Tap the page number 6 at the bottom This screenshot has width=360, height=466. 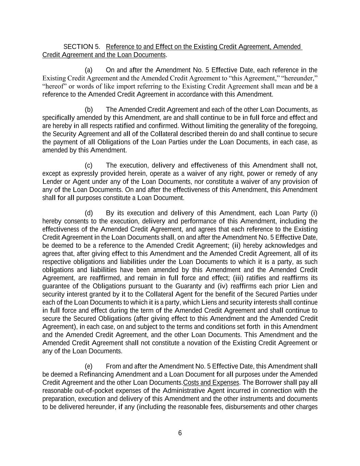coord(180,433)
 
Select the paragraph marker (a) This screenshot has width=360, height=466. coord(89,70)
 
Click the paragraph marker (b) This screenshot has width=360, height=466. coord(89,110)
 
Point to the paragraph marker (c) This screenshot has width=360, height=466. coord(89,166)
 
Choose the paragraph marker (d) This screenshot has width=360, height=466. coord(89,213)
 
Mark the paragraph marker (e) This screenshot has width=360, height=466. coord(89,367)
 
